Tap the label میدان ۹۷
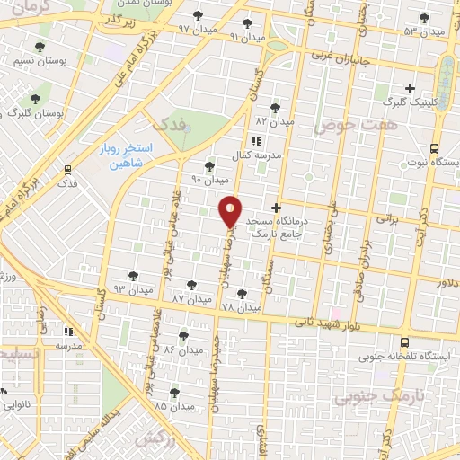pyautogui.click(x=197, y=29)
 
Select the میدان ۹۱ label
pyautogui.click(x=248, y=37)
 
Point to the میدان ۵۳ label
pyautogui.click(x=424, y=31)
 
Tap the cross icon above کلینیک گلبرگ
pyautogui.click(x=411, y=88)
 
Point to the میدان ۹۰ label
pyautogui.click(x=210, y=179)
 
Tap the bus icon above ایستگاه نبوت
pyautogui.click(x=435, y=148)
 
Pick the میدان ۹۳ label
pyautogui.click(x=132, y=287)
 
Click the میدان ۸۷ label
pyautogui.click(x=190, y=296)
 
